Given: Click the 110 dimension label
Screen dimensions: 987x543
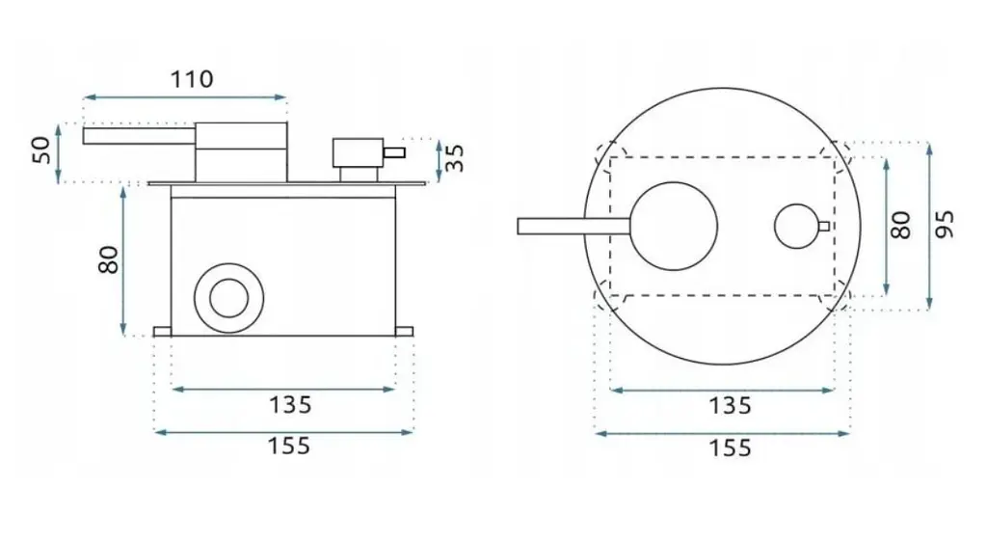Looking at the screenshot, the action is [x=192, y=79].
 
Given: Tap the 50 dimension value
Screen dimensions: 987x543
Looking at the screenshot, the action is [x=42, y=149].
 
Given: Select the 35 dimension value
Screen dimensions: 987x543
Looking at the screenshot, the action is [x=454, y=157].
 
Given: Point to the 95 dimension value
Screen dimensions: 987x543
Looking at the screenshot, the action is [x=945, y=225].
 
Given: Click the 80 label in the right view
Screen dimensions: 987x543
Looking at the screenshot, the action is [x=901, y=225].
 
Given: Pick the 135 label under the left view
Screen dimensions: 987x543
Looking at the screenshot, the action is [x=290, y=405].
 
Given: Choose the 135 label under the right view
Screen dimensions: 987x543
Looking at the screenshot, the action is [x=731, y=406].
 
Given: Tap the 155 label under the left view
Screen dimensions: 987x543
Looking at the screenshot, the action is [x=289, y=446].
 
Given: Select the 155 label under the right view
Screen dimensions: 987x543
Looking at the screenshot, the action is [x=731, y=448].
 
